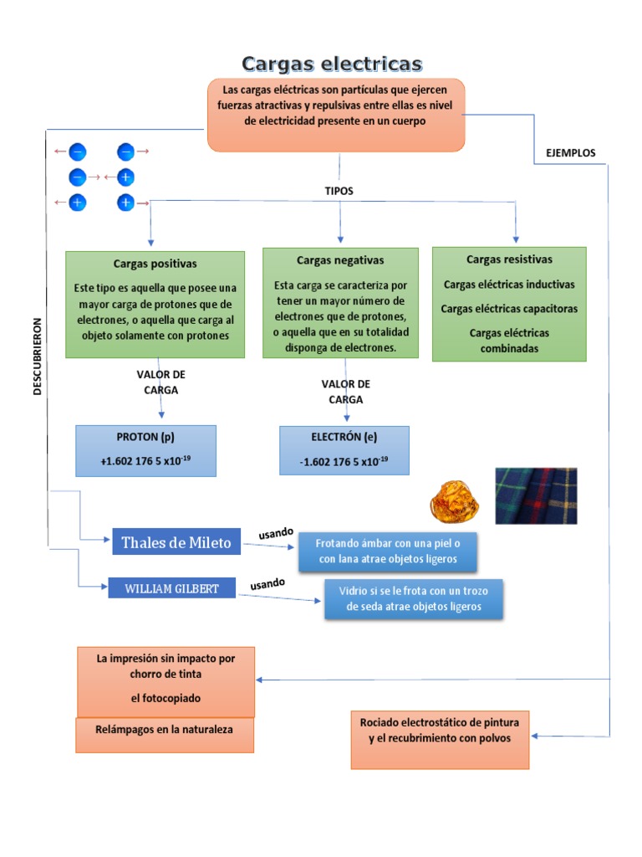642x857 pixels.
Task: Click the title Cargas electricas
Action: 332,64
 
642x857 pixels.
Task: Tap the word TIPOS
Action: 339,191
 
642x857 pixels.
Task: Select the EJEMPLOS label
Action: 570,153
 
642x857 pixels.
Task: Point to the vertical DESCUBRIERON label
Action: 37,355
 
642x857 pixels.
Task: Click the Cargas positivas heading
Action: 155,264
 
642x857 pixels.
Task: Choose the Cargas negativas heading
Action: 339,260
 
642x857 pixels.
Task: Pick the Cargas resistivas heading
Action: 509,259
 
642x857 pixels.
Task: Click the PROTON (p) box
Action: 145,450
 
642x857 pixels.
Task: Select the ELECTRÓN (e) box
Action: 344,450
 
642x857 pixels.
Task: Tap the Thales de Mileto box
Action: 176,542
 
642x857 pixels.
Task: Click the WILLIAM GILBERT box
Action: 171,588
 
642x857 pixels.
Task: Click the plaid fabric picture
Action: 536,495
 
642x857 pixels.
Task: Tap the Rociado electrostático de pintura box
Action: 440,739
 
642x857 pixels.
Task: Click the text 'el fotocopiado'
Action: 166,698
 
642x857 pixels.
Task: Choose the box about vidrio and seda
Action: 413,598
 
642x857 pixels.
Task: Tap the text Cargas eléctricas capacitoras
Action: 509,309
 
